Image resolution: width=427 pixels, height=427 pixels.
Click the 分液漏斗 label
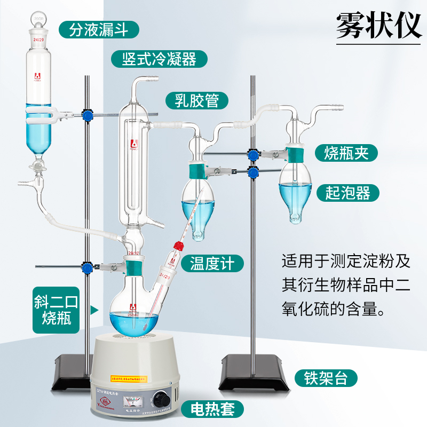pyautogui.click(x=99, y=30)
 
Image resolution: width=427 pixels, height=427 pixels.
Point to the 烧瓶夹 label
pyautogui.click(x=346, y=153)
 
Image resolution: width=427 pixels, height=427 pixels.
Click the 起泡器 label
pyautogui.click(x=347, y=192)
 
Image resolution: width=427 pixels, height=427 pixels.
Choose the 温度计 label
pyautogui.click(x=212, y=263)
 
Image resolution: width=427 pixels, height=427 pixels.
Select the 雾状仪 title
pyautogui.click(x=378, y=25)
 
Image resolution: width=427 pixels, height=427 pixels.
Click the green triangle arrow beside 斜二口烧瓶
pyautogui.click(x=95, y=309)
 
